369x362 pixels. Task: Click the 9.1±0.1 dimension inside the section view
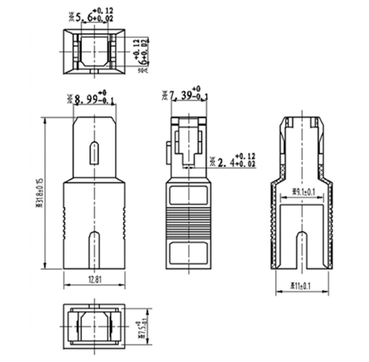(303, 191)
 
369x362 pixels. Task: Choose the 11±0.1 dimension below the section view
(301, 287)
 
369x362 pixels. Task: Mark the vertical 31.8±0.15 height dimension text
(40, 193)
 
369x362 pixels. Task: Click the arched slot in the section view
(302, 248)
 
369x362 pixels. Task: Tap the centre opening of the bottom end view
(94, 326)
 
